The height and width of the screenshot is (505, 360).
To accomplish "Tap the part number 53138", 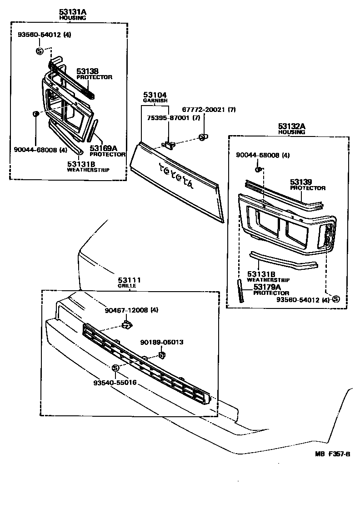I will click(87, 71).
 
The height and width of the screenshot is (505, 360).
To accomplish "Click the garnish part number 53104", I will click(155, 95).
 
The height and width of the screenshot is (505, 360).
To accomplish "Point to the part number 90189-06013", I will click(161, 342).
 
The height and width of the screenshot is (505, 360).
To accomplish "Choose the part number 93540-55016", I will click(115, 383).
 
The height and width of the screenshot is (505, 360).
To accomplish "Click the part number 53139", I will click(301, 182).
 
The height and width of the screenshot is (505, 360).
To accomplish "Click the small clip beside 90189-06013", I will click(161, 354).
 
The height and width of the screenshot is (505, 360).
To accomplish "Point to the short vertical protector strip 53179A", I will click(240, 291).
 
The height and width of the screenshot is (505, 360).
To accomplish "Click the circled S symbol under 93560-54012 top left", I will click(39, 50).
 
